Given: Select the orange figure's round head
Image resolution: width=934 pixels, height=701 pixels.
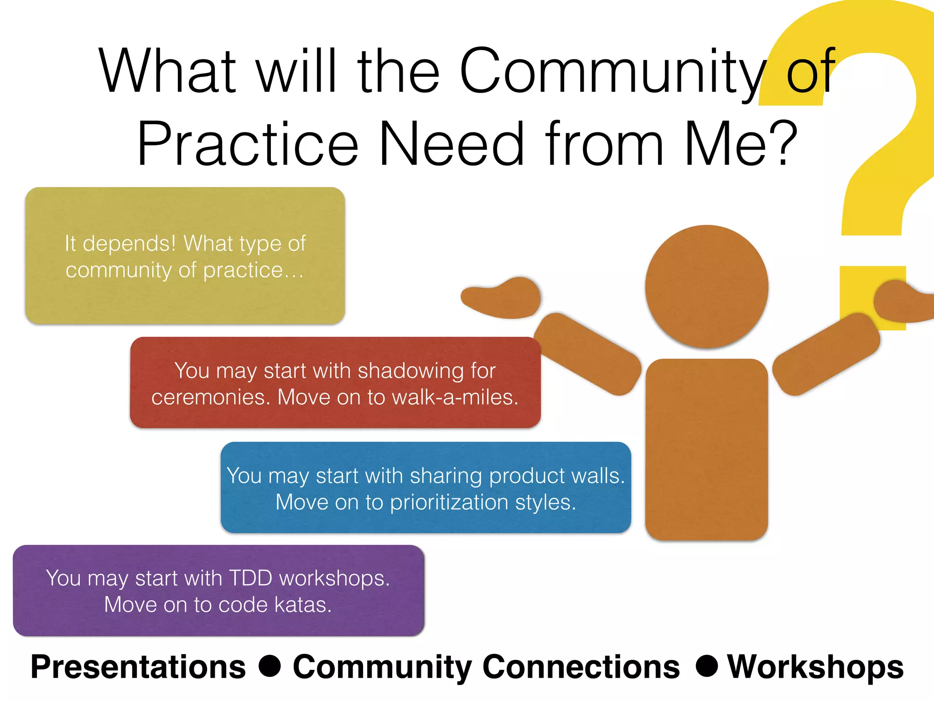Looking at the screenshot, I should tap(706, 287).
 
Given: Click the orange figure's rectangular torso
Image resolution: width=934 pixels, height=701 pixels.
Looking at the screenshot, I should tap(706, 450).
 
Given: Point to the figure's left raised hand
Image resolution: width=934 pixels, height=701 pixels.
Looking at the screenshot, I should tap(502, 298).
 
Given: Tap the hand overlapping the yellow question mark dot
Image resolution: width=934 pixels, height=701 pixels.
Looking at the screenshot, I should tap(901, 301).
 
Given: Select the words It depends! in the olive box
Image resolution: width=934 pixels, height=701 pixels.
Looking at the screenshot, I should tap(120, 243).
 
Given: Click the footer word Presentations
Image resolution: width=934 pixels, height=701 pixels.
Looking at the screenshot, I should tap(138, 667).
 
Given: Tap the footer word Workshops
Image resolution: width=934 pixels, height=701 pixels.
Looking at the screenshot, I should tap(815, 667).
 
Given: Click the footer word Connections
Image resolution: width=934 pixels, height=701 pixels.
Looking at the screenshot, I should tap(581, 667).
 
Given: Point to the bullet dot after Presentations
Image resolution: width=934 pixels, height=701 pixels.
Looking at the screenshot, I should tap(270, 666).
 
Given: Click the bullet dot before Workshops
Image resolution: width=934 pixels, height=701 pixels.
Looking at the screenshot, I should tap(707, 666).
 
